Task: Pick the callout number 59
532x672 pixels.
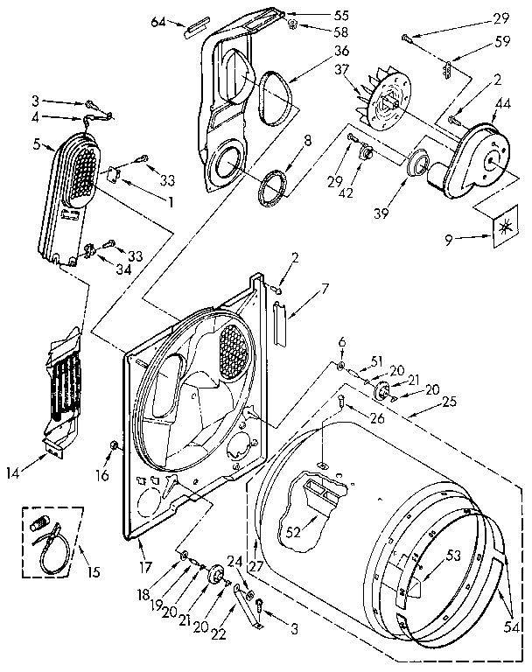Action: click(500, 39)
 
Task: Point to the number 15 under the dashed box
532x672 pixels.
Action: click(92, 574)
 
